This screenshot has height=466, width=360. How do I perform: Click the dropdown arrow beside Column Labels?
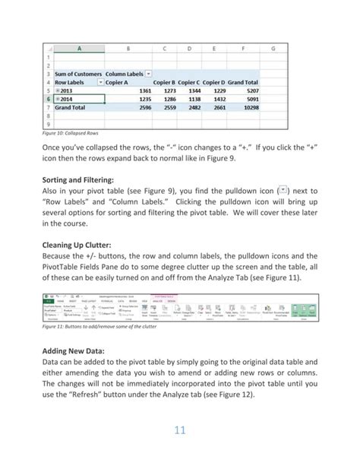(148, 74)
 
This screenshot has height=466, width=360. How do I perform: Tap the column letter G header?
(273, 49)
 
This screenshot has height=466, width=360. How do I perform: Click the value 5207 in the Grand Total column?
(249, 91)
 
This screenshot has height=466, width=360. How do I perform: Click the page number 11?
(180, 431)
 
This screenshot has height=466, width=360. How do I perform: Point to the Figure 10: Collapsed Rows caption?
(74, 131)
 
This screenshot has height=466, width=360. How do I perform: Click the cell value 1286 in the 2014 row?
(168, 100)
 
